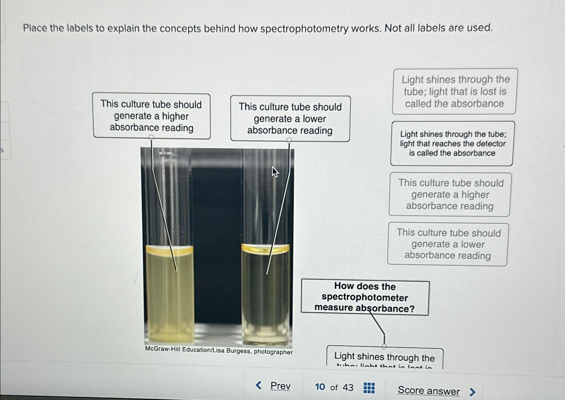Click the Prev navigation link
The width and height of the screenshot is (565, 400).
pos(280,386)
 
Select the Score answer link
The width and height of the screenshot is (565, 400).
pos(428,391)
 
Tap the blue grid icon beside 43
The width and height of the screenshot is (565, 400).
pos(369,388)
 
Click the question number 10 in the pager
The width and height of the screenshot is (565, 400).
pos(320,387)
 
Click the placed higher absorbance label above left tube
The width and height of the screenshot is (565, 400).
pos(152,116)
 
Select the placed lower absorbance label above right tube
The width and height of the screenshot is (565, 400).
pos(290,119)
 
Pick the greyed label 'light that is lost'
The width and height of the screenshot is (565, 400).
pos(455,91)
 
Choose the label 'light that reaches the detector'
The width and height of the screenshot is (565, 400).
pos(452,144)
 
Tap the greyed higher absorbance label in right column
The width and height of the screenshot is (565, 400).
pos(450,195)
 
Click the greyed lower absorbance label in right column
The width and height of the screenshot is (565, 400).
pos(448,245)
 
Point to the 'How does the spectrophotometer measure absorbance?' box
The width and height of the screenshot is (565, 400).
pos(365,297)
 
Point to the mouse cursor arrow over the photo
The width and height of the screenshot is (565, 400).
pos(275,172)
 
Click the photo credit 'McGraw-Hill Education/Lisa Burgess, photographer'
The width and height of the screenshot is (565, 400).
pos(219,350)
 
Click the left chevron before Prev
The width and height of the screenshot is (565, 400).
pos(259,385)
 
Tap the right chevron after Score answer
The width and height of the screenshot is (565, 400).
pos(472,392)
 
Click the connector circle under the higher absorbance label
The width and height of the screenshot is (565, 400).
pos(151,137)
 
